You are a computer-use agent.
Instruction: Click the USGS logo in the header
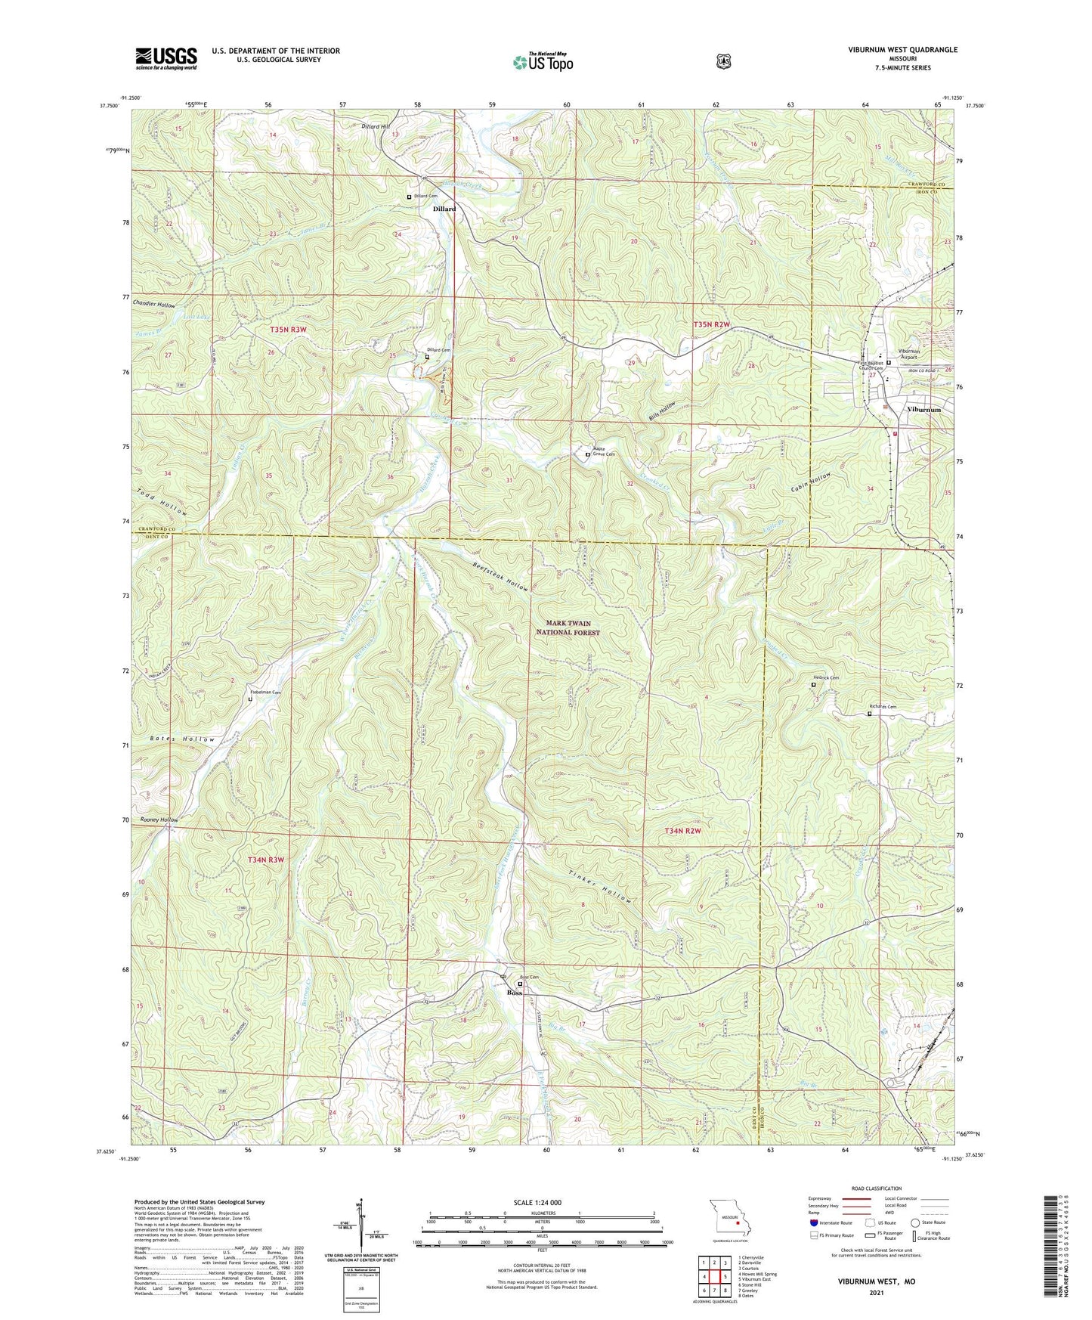click(x=166, y=58)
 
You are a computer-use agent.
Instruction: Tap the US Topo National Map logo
click(x=542, y=61)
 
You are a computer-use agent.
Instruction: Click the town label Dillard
click(x=444, y=209)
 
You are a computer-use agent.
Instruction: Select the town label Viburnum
click(x=923, y=409)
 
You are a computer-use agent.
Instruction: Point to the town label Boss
click(x=515, y=992)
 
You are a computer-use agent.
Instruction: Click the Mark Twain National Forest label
click(x=568, y=627)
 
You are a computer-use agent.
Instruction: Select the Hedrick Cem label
click(x=828, y=677)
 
